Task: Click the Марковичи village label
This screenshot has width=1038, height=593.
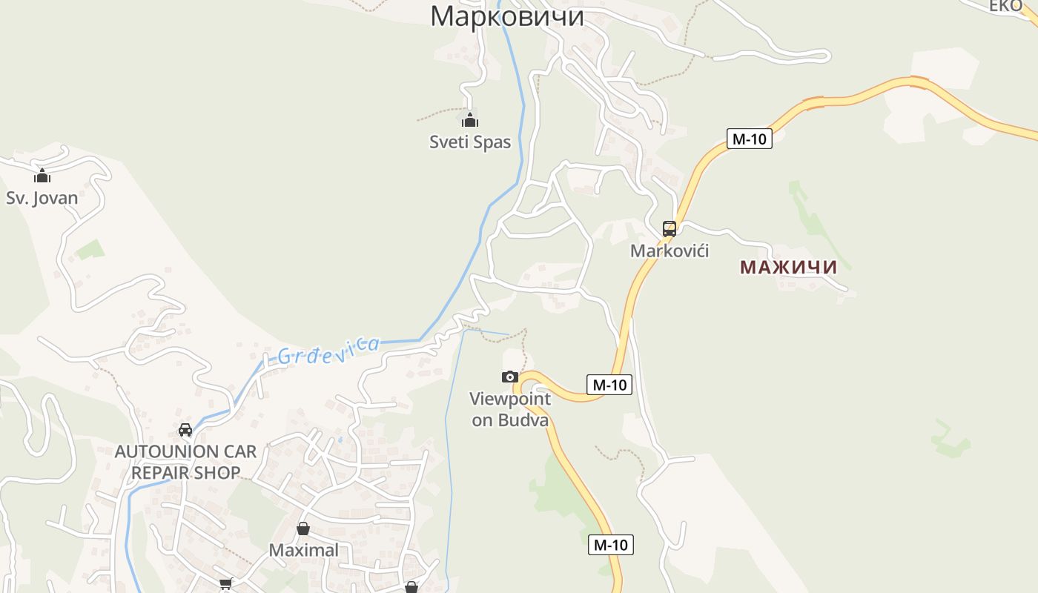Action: pyautogui.click(x=507, y=16)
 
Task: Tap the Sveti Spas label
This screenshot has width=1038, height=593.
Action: pyautogui.click(x=470, y=142)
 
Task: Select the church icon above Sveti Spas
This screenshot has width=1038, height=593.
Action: pyautogui.click(x=470, y=120)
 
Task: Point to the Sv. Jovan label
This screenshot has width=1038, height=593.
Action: pyautogui.click(x=42, y=198)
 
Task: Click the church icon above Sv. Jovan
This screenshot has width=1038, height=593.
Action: pyautogui.click(x=42, y=176)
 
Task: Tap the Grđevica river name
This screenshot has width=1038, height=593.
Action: pyautogui.click(x=328, y=349)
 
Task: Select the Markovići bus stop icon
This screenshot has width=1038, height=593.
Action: pyautogui.click(x=670, y=229)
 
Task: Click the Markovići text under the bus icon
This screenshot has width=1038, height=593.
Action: pyautogui.click(x=670, y=251)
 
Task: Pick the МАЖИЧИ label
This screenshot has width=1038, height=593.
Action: pyautogui.click(x=788, y=268)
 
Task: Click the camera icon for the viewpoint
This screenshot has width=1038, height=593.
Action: pyautogui.click(x=510, y=377)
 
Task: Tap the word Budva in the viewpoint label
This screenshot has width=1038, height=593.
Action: pyautogui.click(x=523, y=420)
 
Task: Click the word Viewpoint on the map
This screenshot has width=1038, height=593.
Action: pyautogui.click(x=510, y=400)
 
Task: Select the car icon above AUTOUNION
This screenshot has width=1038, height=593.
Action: pyautogui.click(x=185, y=430)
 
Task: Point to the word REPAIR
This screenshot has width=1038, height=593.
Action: pyautogui.click(x=166, y=473)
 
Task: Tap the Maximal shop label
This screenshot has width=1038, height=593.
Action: pyautogui.click(x=303, y=550)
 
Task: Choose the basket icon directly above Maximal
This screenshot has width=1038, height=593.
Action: pyautogui.click(x=303, y=529)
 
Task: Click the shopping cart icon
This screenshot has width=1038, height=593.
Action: pyautogui.click(x=225, y=584)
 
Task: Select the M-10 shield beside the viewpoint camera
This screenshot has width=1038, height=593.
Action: pyautogui.click(x=610, y=385)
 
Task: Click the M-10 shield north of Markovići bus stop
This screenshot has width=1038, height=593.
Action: pyautogui.click(x=750, y=139)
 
